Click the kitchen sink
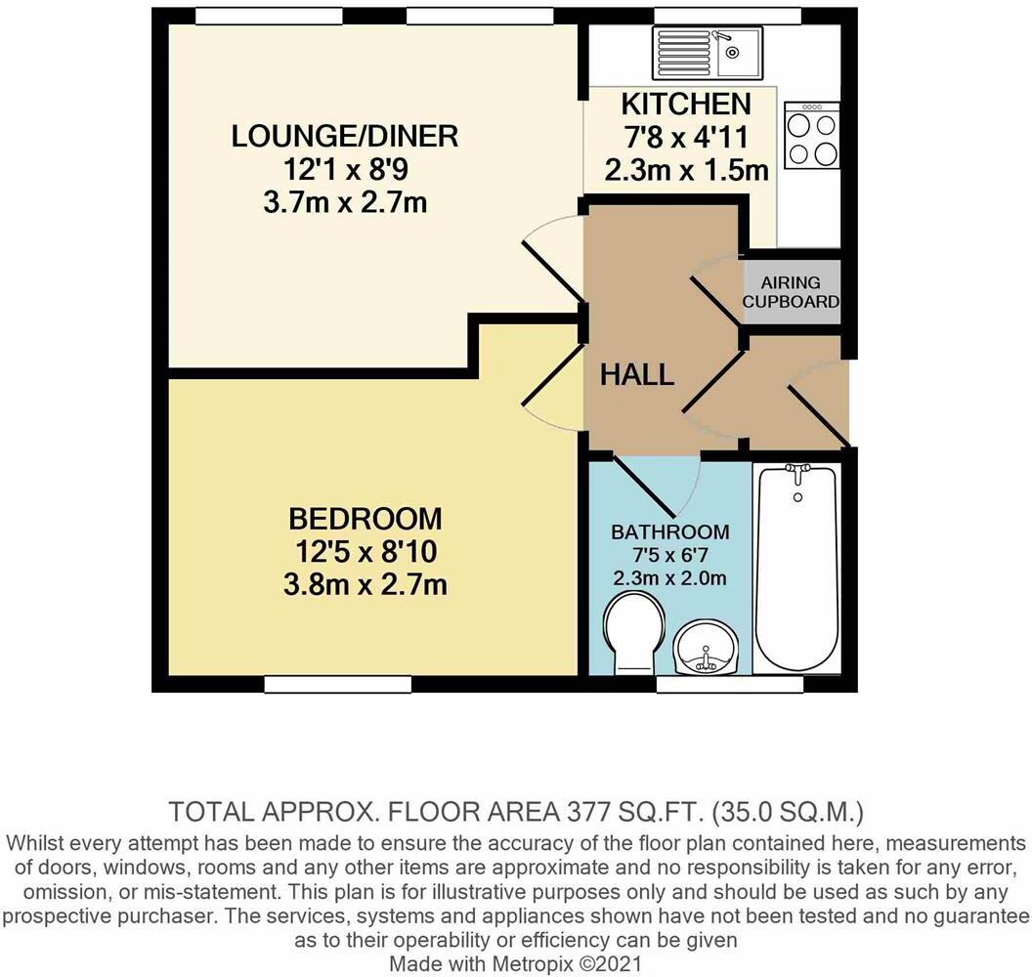709,51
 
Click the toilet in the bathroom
633,633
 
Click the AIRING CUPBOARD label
792,292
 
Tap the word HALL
637,374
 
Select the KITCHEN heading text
686,104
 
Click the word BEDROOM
365,518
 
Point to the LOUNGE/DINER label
345,136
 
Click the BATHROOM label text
670,532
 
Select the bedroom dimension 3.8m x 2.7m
365,585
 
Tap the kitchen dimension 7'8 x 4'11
686,137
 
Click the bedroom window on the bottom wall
337,685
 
